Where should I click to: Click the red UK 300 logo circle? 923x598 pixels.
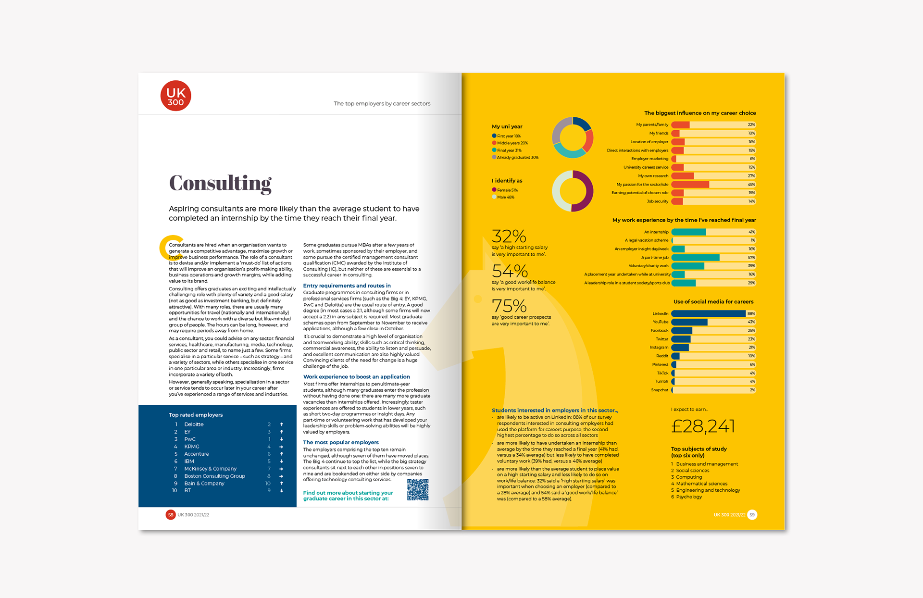tap(175, 96)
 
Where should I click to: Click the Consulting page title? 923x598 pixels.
tap(220, 183)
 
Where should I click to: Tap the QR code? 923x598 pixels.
tap(418, 489)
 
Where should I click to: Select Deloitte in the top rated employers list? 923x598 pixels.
tap(194, 424)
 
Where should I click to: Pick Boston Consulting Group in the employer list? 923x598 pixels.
tap(214, 476)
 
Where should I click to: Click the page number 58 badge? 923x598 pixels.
tap(171, 515)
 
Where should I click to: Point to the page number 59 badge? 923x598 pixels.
tap(752, 515)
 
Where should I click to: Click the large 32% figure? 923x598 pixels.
tap(509, 236)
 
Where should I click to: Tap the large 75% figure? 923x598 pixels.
tap(509, 306)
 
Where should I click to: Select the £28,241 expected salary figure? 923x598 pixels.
tap(703, 426)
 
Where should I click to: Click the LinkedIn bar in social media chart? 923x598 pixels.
tap(708, 314)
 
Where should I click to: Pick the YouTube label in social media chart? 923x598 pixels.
tap(660, 322)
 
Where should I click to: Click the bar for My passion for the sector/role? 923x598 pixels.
tap(690, 185)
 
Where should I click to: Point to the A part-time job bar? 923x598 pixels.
tap(695, 258)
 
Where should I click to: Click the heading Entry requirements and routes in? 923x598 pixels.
tap(347, 286)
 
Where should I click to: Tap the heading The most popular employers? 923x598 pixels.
tap(341, 442)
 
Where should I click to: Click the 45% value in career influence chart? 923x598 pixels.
tap(751, 185)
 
